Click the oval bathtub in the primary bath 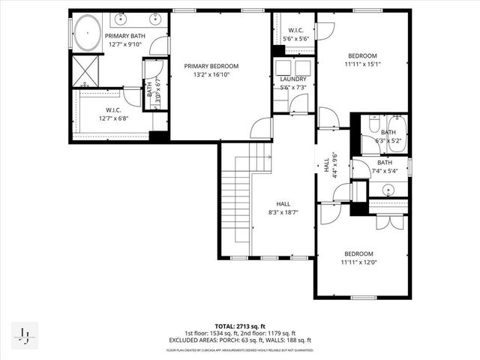[85, 35]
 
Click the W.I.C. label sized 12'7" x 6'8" [109, 110]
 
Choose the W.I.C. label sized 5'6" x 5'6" [294, 31]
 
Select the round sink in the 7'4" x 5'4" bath [387, 189]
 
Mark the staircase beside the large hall [241, 199]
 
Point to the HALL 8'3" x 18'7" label [283, 204]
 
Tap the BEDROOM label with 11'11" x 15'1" [361, 55]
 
